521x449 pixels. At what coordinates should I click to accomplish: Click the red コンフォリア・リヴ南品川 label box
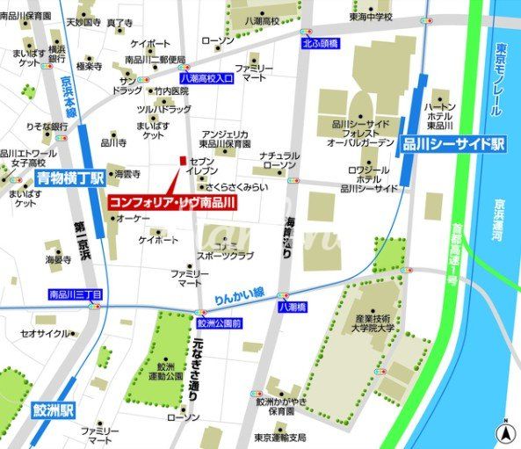172,202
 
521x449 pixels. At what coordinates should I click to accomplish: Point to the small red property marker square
183,161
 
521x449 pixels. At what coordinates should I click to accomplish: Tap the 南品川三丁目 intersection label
76,294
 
